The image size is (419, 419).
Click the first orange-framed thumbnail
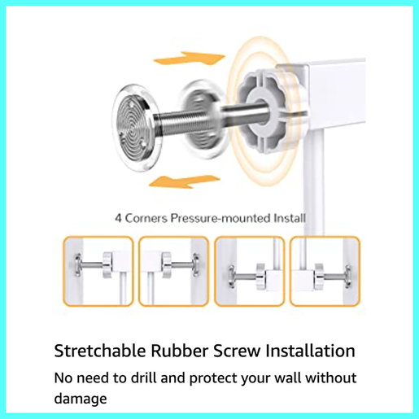click(x=98, y=272)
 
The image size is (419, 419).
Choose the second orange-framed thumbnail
click(x=173, y=272)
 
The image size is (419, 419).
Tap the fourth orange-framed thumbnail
click(x=324, y=272)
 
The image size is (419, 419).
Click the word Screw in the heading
click(x=237, y=351)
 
